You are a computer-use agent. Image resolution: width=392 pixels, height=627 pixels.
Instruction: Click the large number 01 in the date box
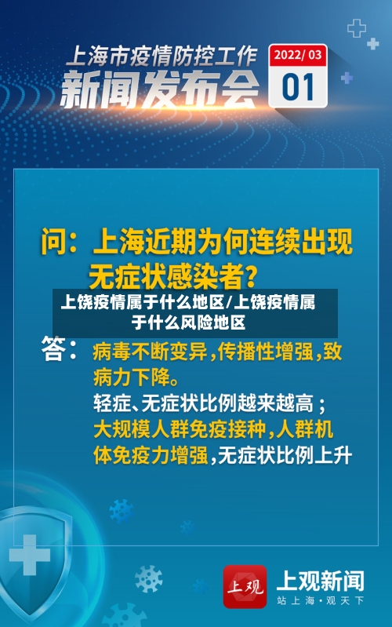[x=298, y=86]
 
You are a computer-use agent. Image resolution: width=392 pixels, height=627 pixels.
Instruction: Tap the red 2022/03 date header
[x=298, y=55]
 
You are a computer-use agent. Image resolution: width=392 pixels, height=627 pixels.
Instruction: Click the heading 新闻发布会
[x=160, y=89]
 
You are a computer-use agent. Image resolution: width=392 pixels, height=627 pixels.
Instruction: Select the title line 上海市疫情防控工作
[x=160, y=56]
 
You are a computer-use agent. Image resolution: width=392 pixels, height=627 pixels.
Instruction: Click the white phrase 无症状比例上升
[x=285, y=455]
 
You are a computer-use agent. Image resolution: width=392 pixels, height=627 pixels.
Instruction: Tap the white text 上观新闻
[x=320, y=581]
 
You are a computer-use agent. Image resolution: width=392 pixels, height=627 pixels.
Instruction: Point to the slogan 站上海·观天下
[x=320, y=601]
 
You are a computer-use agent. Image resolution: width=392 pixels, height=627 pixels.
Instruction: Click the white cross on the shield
[x=29, y=555]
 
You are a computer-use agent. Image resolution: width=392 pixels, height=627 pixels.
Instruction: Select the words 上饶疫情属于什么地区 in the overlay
[x=141, y=303]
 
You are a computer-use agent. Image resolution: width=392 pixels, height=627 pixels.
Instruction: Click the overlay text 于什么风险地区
[x=188, y=322]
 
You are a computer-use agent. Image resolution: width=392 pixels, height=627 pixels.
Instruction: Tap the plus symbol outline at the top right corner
[x=357, y=29]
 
